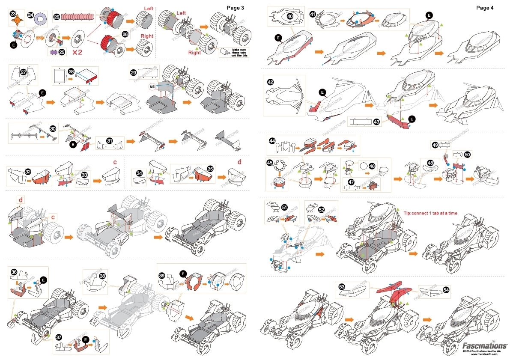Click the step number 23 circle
point(13,14)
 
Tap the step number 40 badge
point(289,16)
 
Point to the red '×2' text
point(78,52)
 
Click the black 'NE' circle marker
point(152,86)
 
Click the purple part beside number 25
point(54,52)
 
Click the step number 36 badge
point(14,272)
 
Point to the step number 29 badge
point(134,73)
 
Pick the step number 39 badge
point(162,275)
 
